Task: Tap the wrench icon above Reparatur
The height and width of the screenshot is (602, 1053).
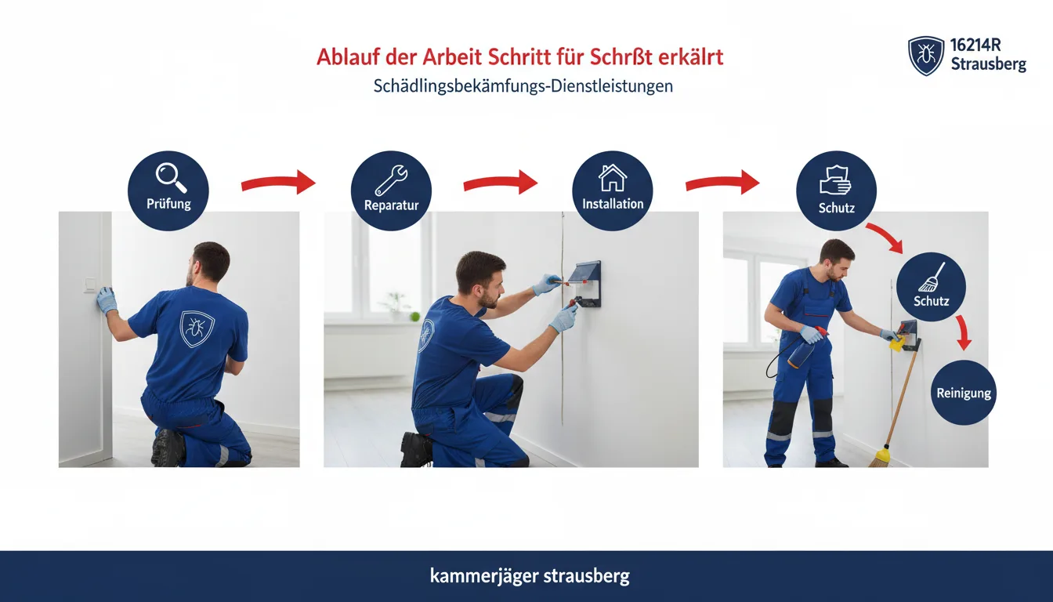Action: tap(391, 180)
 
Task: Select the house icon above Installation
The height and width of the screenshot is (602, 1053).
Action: tap(613, 178)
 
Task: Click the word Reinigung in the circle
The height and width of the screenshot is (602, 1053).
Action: tap(964, 393)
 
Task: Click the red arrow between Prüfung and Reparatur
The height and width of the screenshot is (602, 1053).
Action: tap(278, 183)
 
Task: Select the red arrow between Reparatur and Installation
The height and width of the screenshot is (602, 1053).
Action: tap(501, 183)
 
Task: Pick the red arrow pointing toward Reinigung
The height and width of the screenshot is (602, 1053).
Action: tap(963, 332)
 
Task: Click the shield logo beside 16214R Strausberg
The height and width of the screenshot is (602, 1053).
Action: tap(925, 56)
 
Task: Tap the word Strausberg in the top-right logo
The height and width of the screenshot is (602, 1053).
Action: tap(989, 64)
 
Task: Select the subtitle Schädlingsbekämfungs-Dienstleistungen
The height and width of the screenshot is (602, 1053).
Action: tap(523, 86)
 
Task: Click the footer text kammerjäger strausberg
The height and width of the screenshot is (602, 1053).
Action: tap(530, 576)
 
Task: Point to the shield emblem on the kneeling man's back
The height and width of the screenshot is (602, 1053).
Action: tap(197, 328)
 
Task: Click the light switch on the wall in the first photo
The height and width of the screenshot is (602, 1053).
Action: tap(89, 285)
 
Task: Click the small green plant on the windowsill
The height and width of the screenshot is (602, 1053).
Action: tap(414, 316)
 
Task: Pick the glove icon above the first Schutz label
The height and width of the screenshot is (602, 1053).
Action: tap(835, 180)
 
